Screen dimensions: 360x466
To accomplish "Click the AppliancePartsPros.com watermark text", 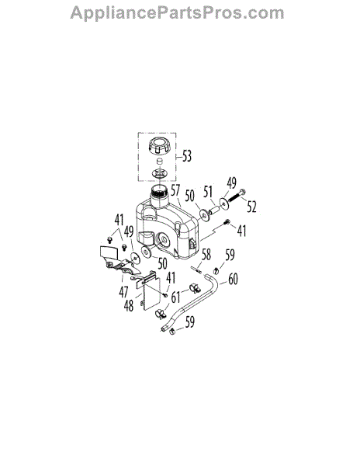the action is point(177,14).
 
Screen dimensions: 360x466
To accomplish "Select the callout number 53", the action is point(187,156).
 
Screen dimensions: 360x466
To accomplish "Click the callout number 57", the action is point(175,190).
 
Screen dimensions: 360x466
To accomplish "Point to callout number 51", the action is point(208,192).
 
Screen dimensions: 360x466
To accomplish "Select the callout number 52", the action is point(251,207).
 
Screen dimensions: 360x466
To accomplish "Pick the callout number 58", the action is point(206,255).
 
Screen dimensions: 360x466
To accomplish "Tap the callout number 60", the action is point(233,279).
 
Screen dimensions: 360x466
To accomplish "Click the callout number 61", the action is point(175,297).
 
